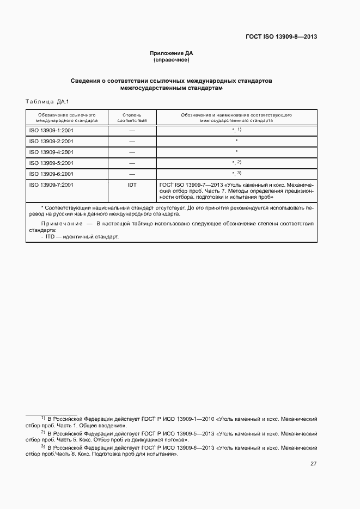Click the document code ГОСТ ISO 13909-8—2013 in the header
(x=282, y=37)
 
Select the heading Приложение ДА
(x=172, y=53)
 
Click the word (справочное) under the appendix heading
(x=172, y=59)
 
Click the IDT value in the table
(x=132, y=185)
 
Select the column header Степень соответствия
(x=132, y=118)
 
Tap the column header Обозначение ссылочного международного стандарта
(x=67, y=118)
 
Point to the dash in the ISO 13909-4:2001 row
(x=132, y=152)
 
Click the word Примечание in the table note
(x=60, y=224)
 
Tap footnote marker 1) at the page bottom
(x=43, y=418)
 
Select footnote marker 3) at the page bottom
(x=43, y=446)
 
